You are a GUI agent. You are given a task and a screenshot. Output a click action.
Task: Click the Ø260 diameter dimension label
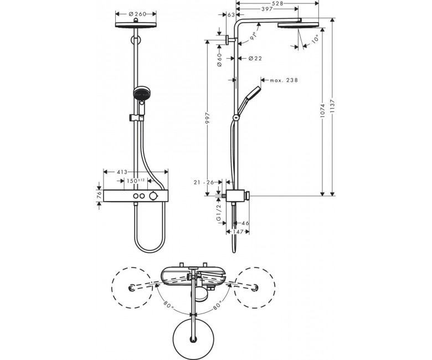137,14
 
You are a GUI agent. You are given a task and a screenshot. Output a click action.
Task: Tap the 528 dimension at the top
277,3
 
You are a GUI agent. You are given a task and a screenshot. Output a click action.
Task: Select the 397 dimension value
267,9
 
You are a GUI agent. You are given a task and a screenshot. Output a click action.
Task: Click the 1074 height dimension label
323,111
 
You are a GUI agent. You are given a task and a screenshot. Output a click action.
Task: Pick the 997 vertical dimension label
208,118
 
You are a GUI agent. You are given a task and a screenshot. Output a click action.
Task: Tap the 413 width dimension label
122,172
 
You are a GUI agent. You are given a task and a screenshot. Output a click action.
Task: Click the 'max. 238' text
284,80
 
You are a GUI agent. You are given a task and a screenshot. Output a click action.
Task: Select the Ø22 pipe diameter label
255,58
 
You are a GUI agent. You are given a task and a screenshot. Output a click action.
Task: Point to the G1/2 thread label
219,212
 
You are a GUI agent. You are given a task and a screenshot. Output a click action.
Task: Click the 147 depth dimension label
238,232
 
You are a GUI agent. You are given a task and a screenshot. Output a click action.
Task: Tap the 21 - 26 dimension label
204,182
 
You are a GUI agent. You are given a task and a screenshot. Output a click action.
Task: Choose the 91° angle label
254,36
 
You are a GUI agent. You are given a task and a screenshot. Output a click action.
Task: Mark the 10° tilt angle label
316,39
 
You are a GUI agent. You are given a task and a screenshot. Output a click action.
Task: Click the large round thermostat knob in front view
154,196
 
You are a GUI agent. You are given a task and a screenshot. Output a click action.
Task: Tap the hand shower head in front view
142,94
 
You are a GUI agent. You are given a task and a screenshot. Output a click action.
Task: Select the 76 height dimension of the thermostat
100,196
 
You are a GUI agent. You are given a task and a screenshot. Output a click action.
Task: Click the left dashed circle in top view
132,288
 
